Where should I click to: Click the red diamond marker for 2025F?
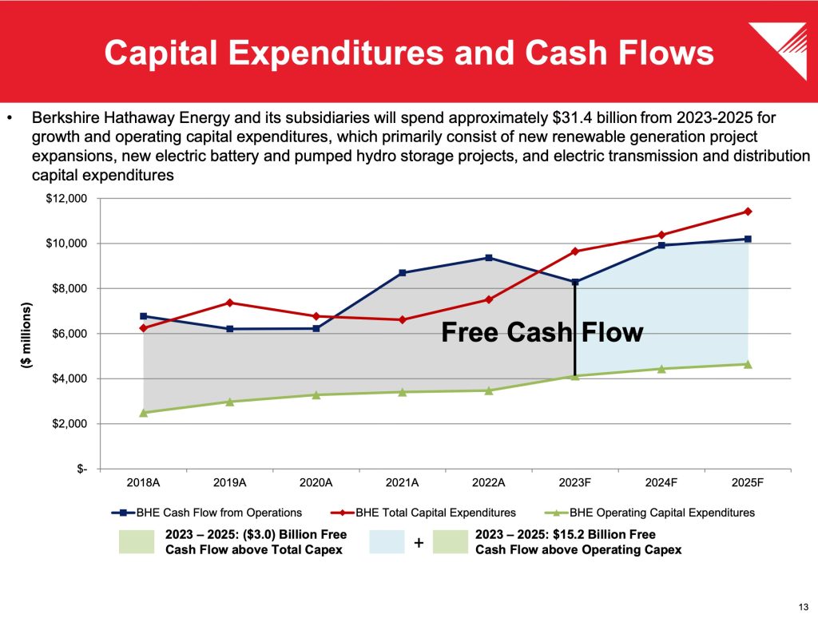coord(748,212)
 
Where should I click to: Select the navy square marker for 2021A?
coord(403,273)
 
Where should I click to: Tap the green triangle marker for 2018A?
coord(144,412)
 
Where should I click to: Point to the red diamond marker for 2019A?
coord(230,303)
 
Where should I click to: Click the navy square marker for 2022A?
coord(489,258)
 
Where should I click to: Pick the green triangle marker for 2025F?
coord(748,364)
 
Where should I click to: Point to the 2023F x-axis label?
coord(575,483)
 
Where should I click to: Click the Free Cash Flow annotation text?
coord(542,332)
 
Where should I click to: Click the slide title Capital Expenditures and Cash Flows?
coord(409,53)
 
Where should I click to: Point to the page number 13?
coord(802,604)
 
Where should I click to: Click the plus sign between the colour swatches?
coord(419,543)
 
